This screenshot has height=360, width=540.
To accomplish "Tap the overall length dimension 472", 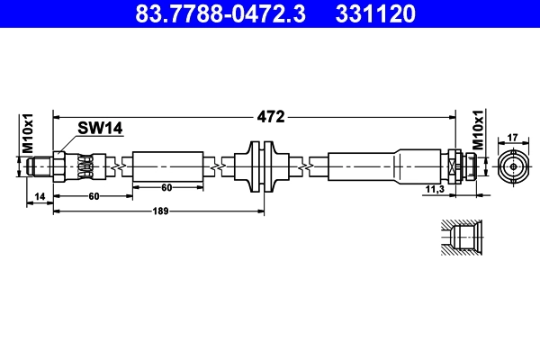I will [x=271, y=116].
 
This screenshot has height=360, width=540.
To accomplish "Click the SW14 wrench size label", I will [x=99, y=129].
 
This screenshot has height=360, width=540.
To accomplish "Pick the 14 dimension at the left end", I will [x=40, y=196].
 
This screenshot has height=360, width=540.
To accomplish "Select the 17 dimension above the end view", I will [x=512, y=137].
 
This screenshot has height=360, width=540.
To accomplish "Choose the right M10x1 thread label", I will [x=479, y=132].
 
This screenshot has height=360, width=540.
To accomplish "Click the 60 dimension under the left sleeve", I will [x=166, y=188].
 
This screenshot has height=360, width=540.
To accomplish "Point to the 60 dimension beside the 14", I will [x=93, y=196].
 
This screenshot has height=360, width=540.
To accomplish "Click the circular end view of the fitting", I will [x=512, y=166].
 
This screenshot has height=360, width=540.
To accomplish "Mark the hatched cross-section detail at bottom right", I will [x=464, y=238].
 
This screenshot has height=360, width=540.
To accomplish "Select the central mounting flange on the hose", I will [x=263, y=167].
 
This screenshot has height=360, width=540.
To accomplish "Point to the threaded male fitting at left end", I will [x=40, y=166].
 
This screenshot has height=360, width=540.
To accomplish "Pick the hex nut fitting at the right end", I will [x=461, y=166].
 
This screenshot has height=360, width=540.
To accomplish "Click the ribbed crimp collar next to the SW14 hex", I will [x=85, y=167].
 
